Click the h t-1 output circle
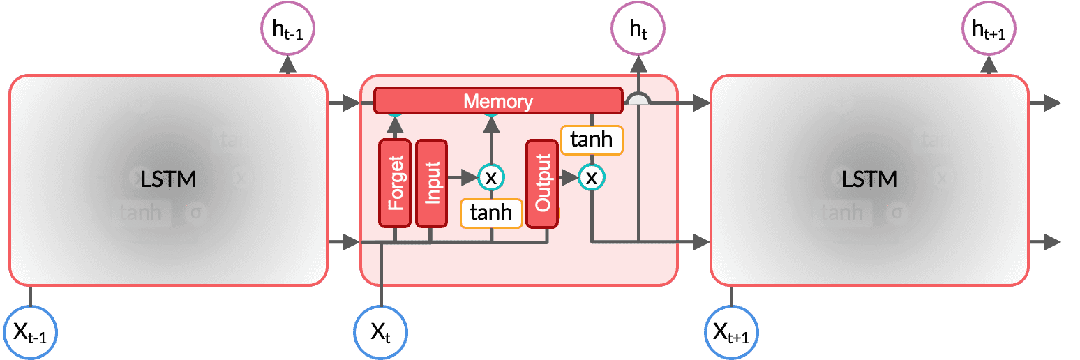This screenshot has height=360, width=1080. pos(288,29)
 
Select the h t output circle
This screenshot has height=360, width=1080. pos(638,29)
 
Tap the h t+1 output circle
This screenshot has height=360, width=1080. pos(989,29)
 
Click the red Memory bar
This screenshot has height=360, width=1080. pos(498,100)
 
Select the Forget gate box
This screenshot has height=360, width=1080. pos(396,183)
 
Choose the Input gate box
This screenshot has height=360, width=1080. pos(432,183)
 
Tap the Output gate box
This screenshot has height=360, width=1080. pos(542,183)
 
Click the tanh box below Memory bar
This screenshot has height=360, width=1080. pos(592,140)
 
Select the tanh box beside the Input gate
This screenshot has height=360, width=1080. pos(491,212)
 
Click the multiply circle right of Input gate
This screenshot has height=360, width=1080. pos(491,177)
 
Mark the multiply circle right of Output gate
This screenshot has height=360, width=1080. pos(592,177)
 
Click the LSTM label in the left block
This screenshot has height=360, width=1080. pos(168,179)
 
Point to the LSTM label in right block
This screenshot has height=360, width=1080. pos(869,179)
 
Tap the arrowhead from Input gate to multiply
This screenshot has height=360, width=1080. pos(470,177)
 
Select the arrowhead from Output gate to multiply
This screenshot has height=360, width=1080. pos(572,177)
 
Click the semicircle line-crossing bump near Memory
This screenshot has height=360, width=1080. pos(638,100)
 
